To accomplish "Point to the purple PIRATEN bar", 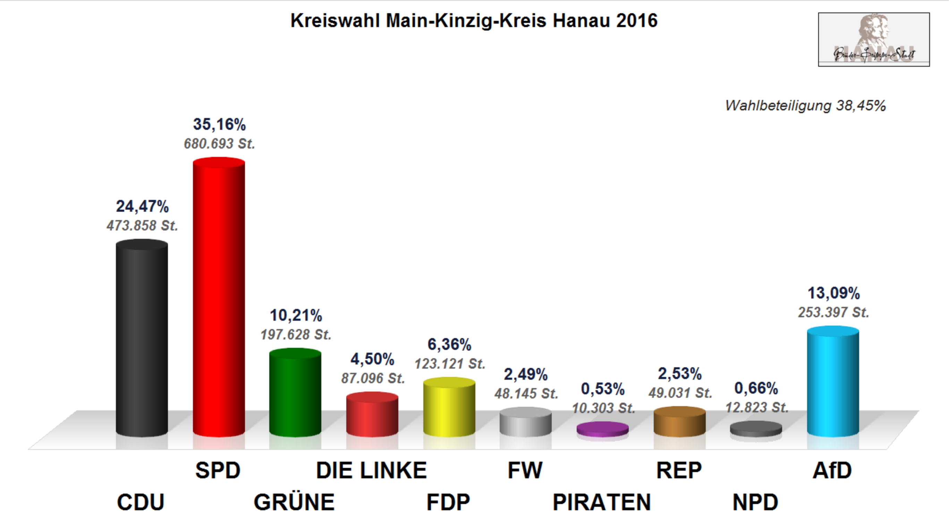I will coord(602,429).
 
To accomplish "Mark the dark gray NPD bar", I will coord(756,429).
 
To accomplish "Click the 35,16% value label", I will coord(219,125).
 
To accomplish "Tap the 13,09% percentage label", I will coord(834,293).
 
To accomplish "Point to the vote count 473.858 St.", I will coord(142,225).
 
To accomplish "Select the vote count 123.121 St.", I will coord(450,364).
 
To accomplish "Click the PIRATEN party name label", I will coord(602,502).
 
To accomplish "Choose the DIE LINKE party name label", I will coord(371,470).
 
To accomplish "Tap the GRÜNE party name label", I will coord(294,502).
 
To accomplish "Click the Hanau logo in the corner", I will coord(874,40).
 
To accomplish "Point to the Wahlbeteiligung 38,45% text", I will coord(805,106).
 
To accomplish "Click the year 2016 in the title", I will coord(637,20).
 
